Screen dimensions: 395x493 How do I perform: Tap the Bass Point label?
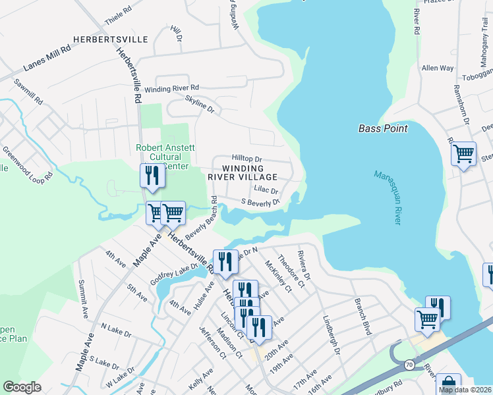383,128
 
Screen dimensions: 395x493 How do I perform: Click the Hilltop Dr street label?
247,159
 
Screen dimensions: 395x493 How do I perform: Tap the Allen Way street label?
438,68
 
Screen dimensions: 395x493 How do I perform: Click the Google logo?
22,387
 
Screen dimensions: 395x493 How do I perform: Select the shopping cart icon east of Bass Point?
463,154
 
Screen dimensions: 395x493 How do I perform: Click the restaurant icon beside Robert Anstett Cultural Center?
152,176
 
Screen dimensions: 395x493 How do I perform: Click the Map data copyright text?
465,390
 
